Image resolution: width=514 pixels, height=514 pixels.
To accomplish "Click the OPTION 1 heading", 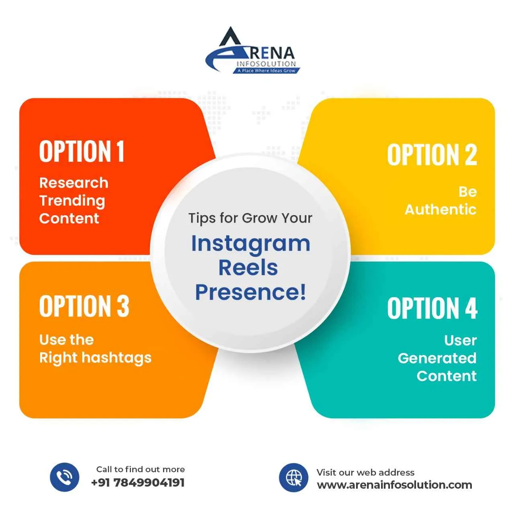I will click(82, 151).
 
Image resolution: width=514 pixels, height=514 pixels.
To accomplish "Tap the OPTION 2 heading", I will click(432, 155).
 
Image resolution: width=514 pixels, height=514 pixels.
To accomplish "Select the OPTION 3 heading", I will click(84, 306).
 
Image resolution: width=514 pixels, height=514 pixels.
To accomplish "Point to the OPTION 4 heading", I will click(432, 308).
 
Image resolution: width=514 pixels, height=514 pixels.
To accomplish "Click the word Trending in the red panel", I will click(72, 201).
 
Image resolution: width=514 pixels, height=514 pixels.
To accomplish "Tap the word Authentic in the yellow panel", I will click(441, 210).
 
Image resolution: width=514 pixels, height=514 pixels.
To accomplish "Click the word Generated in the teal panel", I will click(437, 358).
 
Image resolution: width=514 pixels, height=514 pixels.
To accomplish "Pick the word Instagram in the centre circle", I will click(251, 244).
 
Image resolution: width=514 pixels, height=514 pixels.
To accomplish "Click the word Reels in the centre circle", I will click(248, 268).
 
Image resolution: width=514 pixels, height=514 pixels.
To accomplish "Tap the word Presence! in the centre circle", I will click(251, 292).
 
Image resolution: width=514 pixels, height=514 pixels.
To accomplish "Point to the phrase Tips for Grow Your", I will click(251, 218).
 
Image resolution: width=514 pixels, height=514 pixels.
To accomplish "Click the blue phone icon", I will click(64, 477).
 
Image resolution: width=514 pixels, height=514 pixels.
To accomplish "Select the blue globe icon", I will click(294, 477).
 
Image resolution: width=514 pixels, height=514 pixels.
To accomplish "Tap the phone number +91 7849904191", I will click(138, 482).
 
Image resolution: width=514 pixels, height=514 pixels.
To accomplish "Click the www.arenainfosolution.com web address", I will click(394, 485).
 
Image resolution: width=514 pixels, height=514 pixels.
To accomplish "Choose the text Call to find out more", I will click(141, 469).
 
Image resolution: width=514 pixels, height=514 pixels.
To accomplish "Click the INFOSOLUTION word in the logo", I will click(266, 64).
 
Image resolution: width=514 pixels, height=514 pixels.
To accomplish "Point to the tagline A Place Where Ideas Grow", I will click(266, 71).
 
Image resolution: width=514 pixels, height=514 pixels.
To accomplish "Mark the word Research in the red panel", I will click(74, 183).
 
